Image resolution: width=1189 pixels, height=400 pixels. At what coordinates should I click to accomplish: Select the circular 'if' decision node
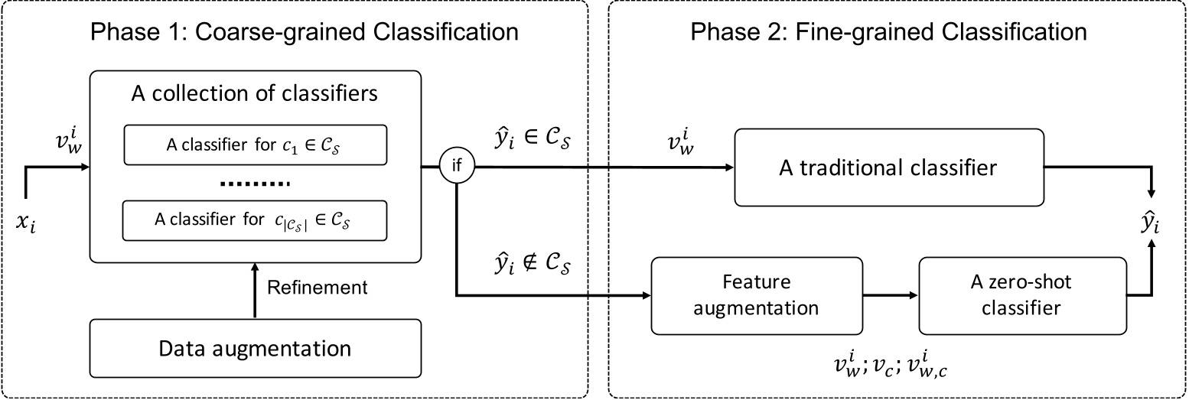(x=457, y=164)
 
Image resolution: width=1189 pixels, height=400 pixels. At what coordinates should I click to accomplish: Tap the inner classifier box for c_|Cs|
(x=256, y=220)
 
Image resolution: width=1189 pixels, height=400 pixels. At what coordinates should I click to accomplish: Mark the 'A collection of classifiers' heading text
(x=256, y=96)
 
